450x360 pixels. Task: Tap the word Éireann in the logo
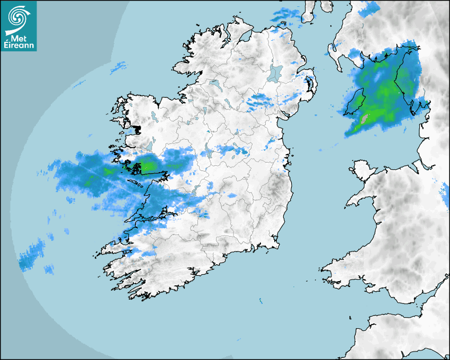(x=19, y=46)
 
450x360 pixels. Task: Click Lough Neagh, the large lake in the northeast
(x=275, y=73)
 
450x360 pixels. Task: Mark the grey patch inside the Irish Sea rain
(x=364, y=119)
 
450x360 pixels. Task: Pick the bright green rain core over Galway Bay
(x=147, y=166)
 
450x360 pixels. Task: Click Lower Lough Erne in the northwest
(x=214, y=84)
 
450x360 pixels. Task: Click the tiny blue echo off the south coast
(x=261, y=301)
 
